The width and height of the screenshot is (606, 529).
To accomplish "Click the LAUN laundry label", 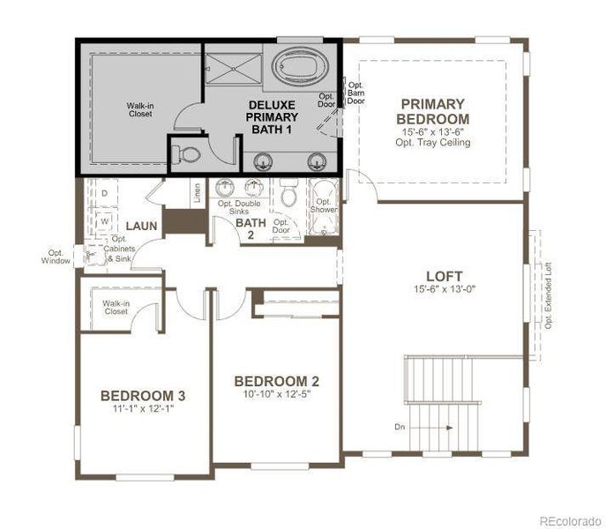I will click(x=140, y=227).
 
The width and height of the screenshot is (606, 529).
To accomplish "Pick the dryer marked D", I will click(x=104, y=192).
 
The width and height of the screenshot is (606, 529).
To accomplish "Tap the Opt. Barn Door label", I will click(x=356, y=93).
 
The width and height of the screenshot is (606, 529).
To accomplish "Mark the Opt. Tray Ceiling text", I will click(x=432, y=142).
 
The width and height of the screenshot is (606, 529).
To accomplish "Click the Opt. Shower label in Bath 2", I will click(x=323, y=205).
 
